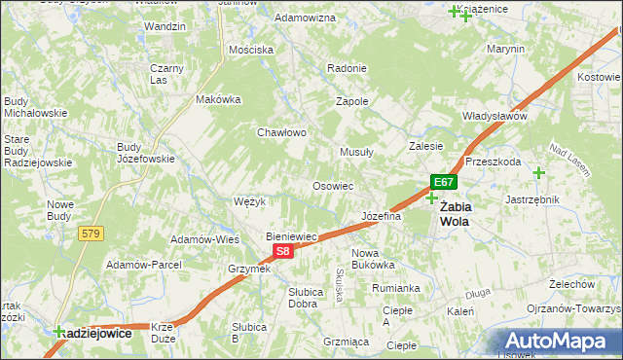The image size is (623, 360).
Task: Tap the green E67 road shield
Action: tap(444, 182)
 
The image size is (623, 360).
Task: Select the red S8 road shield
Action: tap(281, 251)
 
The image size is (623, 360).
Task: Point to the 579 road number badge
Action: tap(92, 233)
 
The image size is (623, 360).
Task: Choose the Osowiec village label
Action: tap(332, 186)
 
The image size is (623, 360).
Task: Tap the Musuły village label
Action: tap(357, 152)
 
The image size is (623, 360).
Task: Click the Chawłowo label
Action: tap(282, 132)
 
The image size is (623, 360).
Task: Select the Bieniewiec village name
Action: tap(292, 236)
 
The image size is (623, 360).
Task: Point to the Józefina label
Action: tap(381, 216)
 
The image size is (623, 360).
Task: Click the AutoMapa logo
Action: tap(562, 342)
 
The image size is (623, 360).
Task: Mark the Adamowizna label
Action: tap(305, 18)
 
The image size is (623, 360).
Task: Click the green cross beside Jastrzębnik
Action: tap(538, 173)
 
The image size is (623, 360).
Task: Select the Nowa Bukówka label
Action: tap(372, 258)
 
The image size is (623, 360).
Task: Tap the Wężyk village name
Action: tap(250, 201)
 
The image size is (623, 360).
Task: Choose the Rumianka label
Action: tap(395, 288)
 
